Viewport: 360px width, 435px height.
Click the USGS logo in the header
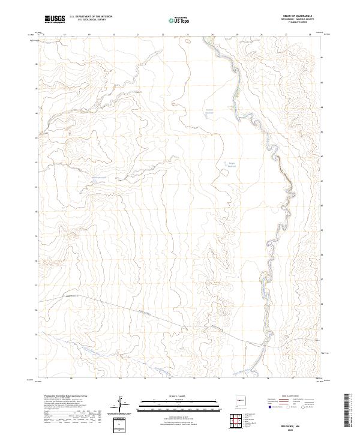coord(55,19)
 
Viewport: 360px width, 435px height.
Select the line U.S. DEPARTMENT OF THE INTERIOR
coord(91,16)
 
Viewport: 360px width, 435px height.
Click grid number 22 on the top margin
coord(163,35)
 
